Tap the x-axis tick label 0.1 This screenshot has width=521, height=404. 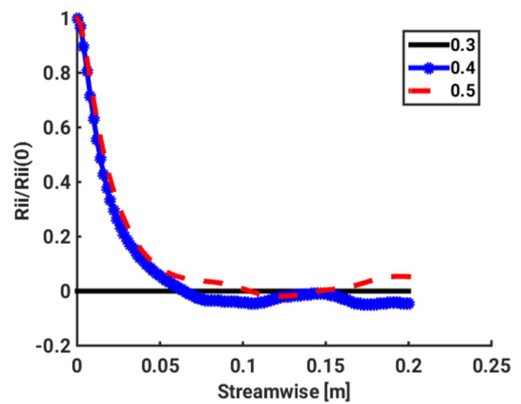[x=242, y=366]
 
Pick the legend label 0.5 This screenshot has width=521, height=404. [x=462, y=91]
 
